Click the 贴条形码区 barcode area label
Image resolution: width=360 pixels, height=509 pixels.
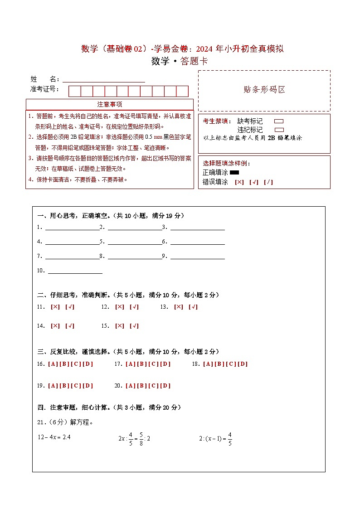point(264,90)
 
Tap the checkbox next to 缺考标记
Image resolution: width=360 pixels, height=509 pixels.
point(279,121)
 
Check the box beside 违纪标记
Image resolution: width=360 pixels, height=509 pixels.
point(279,130)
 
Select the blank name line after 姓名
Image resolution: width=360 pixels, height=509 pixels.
point(104,79)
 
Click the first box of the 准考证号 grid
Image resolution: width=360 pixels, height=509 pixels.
point(74,91)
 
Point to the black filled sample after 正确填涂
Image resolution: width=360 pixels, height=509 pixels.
point(234,172)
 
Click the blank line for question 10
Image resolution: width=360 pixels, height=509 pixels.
point(75,271)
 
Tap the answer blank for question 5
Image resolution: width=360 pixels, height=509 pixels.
point(135,242)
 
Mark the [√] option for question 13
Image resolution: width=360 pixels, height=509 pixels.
point(193,307)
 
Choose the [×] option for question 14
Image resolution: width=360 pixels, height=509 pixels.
point(55,326)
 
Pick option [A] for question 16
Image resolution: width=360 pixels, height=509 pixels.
point(53,364)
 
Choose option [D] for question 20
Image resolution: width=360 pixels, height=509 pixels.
point(165,386)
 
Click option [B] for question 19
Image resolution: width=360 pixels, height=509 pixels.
point(64,386)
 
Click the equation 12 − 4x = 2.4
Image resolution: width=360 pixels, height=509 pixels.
point(55,437)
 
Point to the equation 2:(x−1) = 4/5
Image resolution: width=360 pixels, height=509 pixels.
point(216,439)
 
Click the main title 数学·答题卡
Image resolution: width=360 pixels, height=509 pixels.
point(180,62)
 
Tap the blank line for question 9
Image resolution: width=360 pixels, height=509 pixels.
point(197,256)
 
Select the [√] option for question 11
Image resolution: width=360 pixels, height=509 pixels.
point(70,307)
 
